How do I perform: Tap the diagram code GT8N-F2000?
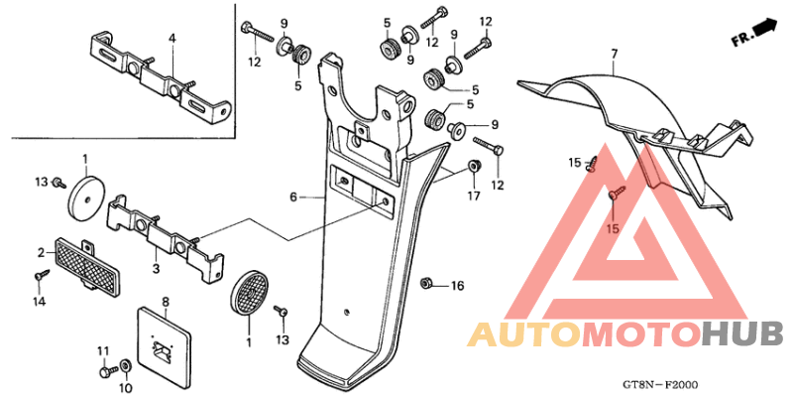(x=663, y=385)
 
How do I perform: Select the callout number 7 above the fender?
(x=614, y=54)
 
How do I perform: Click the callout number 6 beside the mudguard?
(x=292, y=198)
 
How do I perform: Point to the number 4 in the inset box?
(x=172, y=38)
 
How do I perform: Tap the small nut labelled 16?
(x=426, y=283)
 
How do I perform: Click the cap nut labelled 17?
(x=474, y=165)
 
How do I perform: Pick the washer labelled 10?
(x=125, y=364)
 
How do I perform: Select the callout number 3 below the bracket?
(x=156, y=268)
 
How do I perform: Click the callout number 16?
(x=457, y=287)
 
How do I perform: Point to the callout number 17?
(x=474, y=195)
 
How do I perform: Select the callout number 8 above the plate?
(x=165, y=303)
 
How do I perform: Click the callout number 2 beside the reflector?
(x=42, y=252)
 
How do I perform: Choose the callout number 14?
(x=40, y=302)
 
